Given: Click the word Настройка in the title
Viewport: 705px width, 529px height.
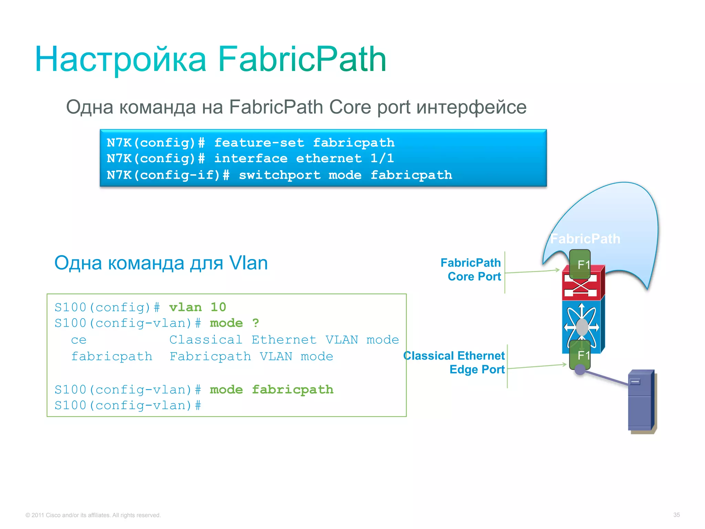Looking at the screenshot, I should click(x=120, y=60).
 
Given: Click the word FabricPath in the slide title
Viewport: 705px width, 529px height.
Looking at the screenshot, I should click(x=302, y=60).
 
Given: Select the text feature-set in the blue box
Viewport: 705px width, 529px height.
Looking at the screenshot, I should click(x=259, y=143).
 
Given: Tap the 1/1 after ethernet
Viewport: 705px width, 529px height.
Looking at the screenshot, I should click(x=382, y=158).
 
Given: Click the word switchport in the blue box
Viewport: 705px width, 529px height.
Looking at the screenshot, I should click(x=280, y=175).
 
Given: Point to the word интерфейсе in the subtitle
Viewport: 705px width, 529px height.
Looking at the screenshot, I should click(x=471, y=107).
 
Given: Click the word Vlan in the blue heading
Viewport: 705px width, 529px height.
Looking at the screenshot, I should click(x=248, y=263).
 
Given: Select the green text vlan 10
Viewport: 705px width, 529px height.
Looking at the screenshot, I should click(x=198, y=307).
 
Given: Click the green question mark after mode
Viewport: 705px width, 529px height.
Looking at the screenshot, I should click(x=255, y=323).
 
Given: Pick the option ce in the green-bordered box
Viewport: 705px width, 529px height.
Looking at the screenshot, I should click(x=79, y=340).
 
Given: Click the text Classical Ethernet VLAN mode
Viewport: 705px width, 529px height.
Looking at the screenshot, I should click(x=284, y=340).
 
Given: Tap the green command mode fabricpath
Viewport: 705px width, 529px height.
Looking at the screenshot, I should click(x=271, y=390).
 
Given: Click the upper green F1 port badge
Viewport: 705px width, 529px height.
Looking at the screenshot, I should click(x=580, y=264).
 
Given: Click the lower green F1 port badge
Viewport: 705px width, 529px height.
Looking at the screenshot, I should click(x=580, y=355).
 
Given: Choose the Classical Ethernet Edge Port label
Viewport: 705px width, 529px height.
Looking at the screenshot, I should click(x=454, y=362).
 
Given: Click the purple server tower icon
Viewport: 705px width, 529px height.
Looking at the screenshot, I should click(x=641, y=401).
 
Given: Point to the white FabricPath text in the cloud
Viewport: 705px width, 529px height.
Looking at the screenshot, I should click(x=585, y=239).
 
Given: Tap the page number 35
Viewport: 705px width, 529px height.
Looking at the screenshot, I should click(x=676, y=515).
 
